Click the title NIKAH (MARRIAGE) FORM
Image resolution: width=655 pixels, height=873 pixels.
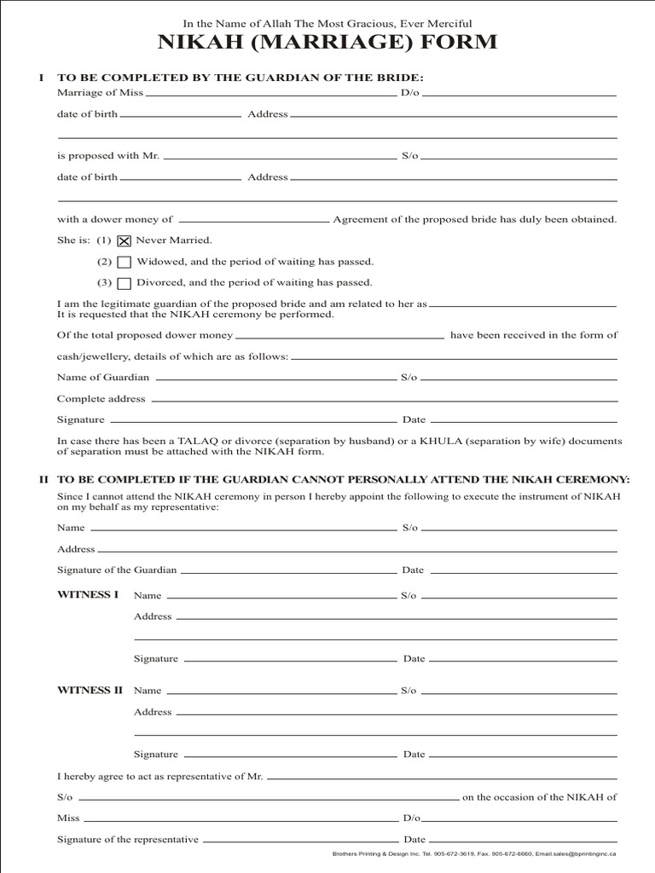click(327, 43)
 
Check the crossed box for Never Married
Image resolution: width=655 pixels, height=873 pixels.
click(124, 241)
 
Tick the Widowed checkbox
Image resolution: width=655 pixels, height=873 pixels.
click(124, 263)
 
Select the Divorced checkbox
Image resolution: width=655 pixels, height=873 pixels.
click(124, 284)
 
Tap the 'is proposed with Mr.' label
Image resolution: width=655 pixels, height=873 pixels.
click(108, 157)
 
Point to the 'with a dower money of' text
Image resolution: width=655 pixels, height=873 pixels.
click(114, 220)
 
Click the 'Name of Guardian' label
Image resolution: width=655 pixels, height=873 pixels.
click(103, 377)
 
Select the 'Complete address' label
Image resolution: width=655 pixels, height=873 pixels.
click(101, 399)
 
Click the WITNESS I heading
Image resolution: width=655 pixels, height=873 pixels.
click(88, 594)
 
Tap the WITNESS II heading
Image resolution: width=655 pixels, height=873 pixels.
click(90, 690)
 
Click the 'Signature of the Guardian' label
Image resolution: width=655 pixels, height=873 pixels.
click(117, 569)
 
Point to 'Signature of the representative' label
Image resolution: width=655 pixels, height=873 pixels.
click(128, 840)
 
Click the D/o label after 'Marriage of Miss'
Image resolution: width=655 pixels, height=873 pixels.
click(410, 92)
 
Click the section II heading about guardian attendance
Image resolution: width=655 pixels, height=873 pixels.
click(343, 480)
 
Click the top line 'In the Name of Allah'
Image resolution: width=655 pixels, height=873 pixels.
click(327, 24)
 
